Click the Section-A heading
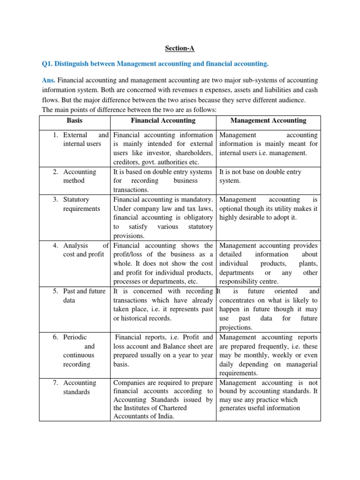(x=180, y=48)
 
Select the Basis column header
(x=75, y=120)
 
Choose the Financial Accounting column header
(x=163, y=120)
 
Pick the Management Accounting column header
(x=268, y=120)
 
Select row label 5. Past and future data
(x=80, y=296)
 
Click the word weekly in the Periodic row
(x=281, y=355)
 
